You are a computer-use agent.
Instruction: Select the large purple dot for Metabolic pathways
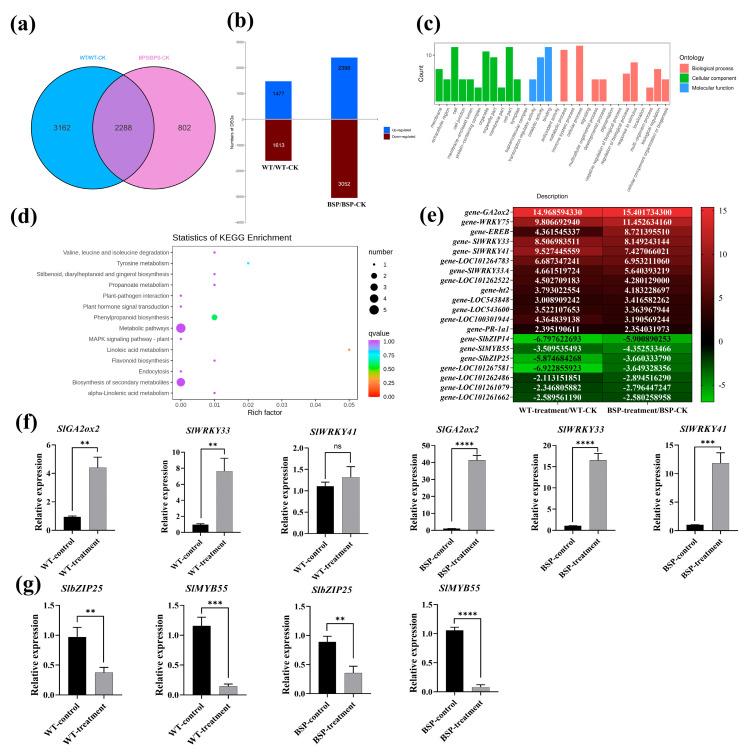[x=181, y=328]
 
